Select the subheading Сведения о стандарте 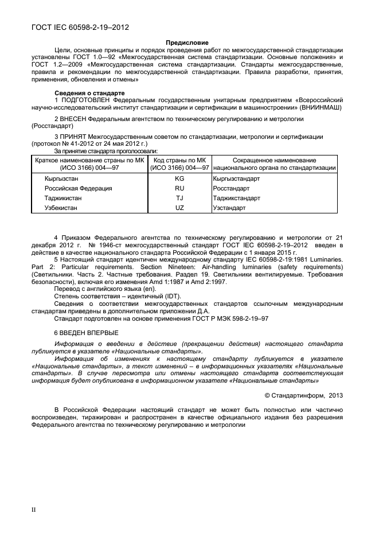[85, 93]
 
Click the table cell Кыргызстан [62, 179]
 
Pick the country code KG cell [179, 179]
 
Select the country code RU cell [179, 188]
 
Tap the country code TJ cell [179, 198]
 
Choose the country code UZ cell [179, 208]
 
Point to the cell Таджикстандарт [236, 198]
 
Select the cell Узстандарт [229, 208]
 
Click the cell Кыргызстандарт [236, 179]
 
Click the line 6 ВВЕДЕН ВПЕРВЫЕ [87, 333]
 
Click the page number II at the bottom [33, 509]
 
